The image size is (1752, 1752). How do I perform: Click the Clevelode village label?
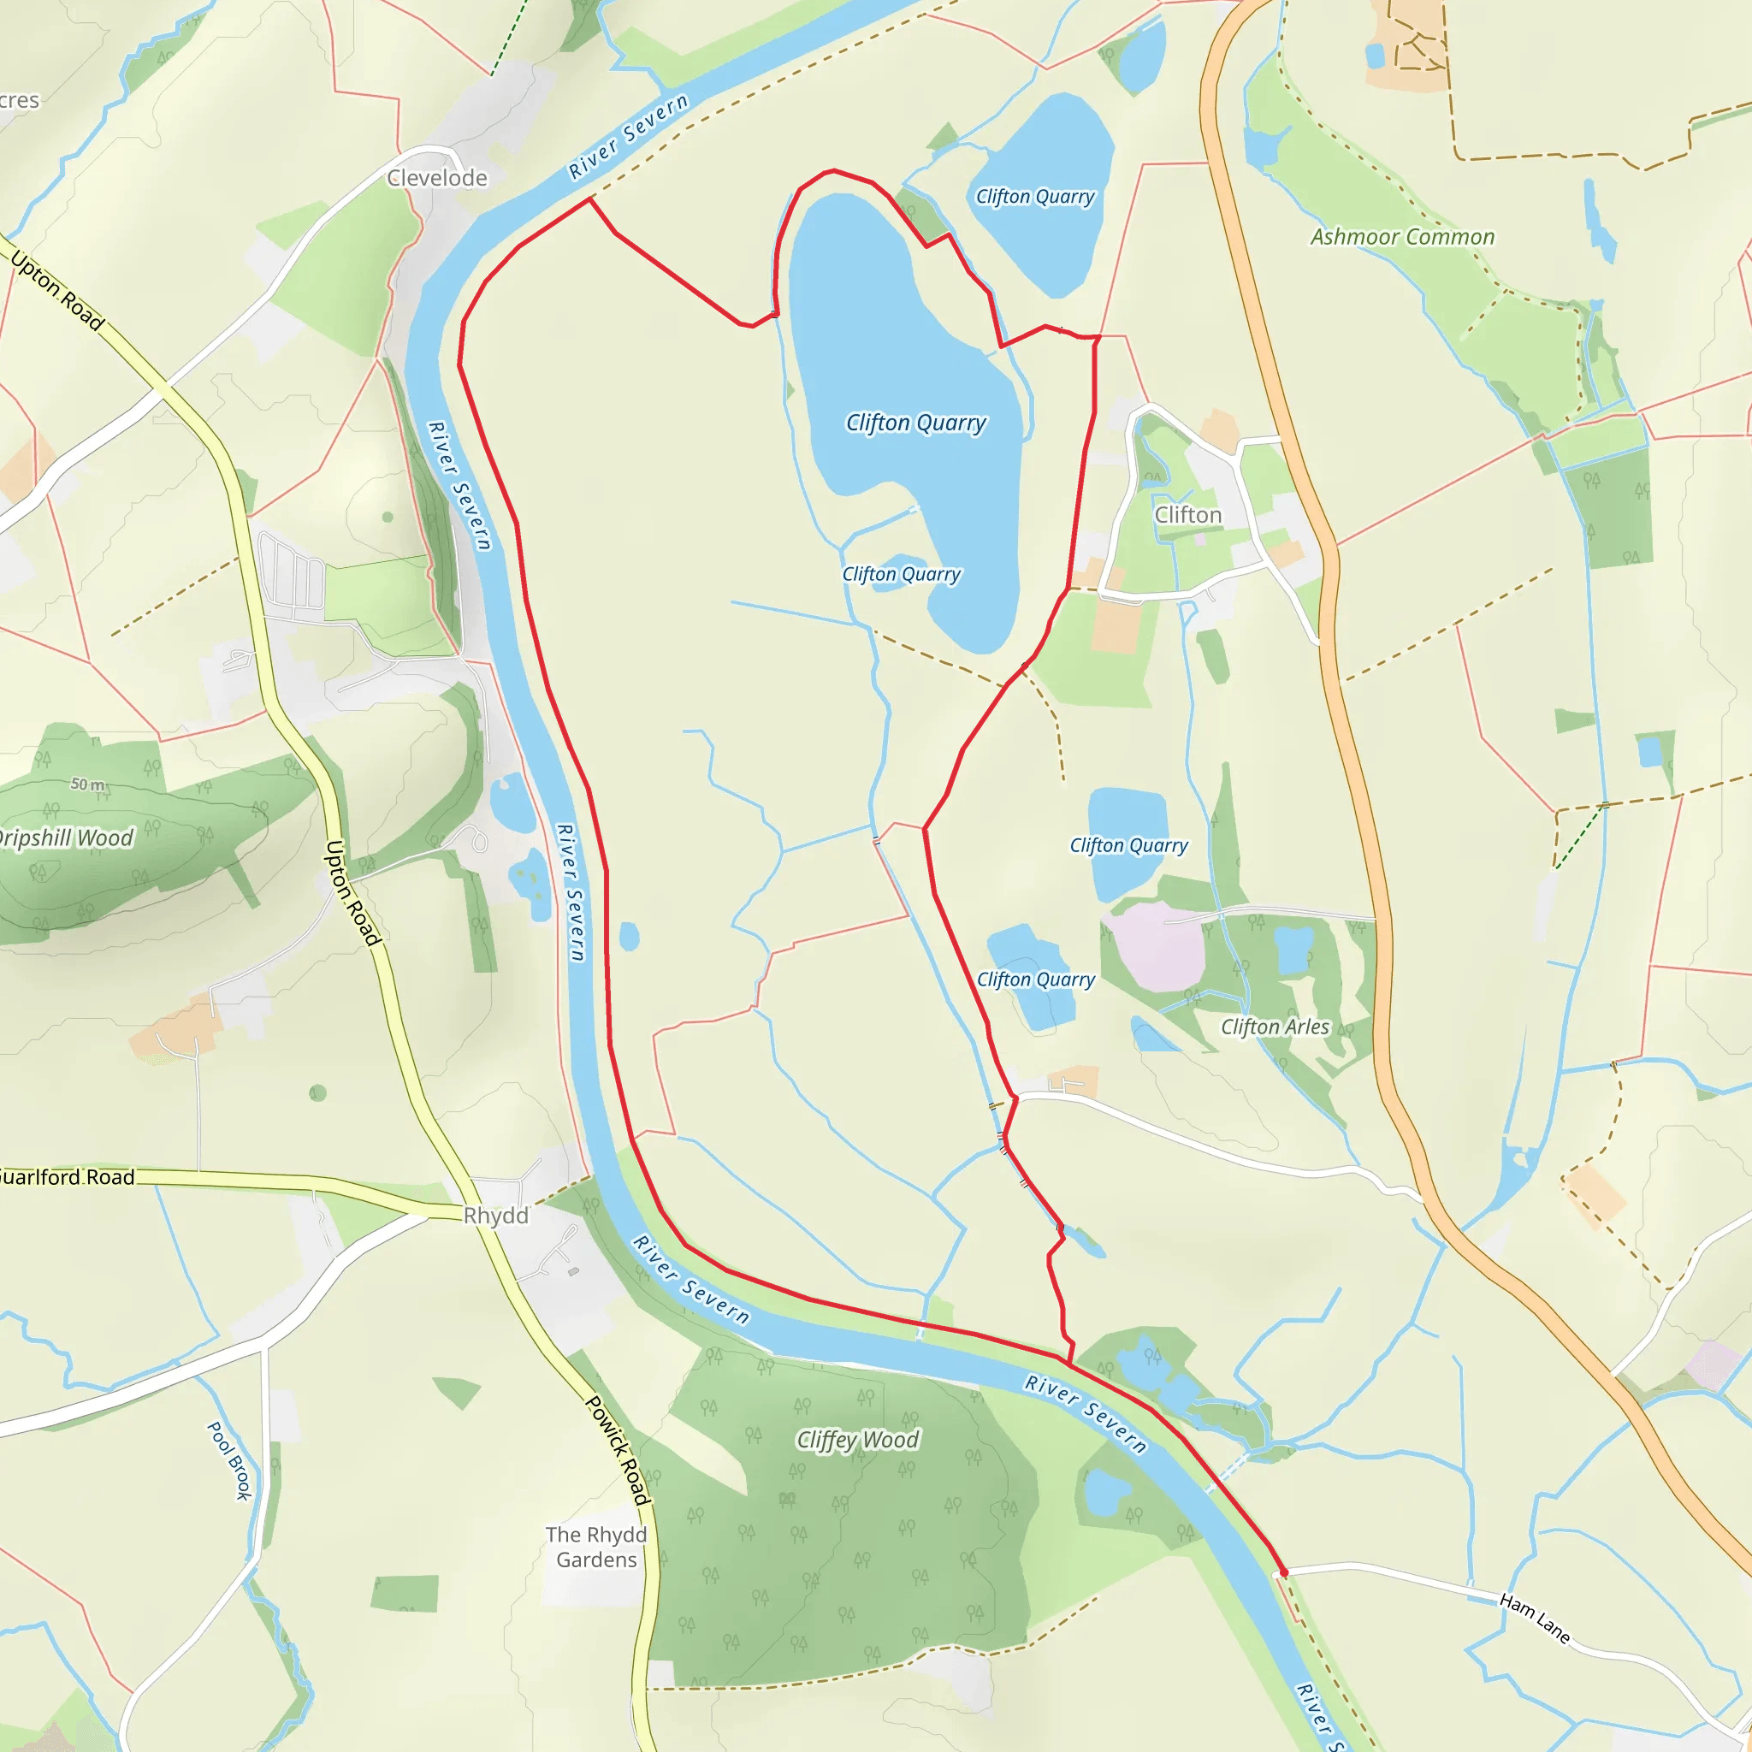tap(437, 178)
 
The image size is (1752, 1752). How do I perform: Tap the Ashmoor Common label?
tap(1402, 237)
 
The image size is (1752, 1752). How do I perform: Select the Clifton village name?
tap(1188, 514)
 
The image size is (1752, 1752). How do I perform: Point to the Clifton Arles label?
tap(1274, 1027)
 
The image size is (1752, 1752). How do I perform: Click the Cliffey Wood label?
tap(858, 1439)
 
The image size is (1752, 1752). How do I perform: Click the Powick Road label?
tap(618, 1450)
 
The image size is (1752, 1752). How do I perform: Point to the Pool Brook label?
tap(229, 1461)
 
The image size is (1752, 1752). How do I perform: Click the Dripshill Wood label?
tap(65, 838)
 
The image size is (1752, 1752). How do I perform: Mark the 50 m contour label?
tap(88, 784)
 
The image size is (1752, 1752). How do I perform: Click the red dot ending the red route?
tap(1283, 1571)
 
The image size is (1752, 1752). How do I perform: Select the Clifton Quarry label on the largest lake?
tap(916, 423)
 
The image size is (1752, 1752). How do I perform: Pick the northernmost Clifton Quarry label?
tap(1035, 197)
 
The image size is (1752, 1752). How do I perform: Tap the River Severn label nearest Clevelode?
tap(628, 137)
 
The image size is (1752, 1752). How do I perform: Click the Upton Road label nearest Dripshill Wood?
tap(352, 893)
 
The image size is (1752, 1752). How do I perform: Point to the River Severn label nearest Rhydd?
tap(691, 1280)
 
